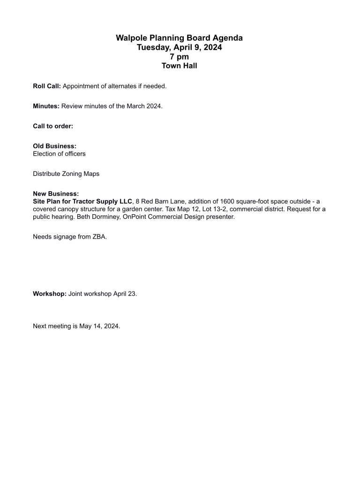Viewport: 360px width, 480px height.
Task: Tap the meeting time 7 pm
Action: pos(180,57)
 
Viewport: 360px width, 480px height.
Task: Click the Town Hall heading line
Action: pos(180,66)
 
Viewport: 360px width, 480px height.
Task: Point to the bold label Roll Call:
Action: pos(47,86)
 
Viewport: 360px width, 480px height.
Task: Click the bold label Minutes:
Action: pos(46,106)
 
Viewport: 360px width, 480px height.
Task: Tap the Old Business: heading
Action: pos(54,146)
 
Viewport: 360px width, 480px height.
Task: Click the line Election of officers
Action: pos(59,154)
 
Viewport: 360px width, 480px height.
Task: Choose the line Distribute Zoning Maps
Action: pos(66,174)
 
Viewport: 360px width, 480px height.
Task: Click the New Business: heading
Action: pos(56,194)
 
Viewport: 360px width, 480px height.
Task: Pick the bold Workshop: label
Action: pos(50,294)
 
